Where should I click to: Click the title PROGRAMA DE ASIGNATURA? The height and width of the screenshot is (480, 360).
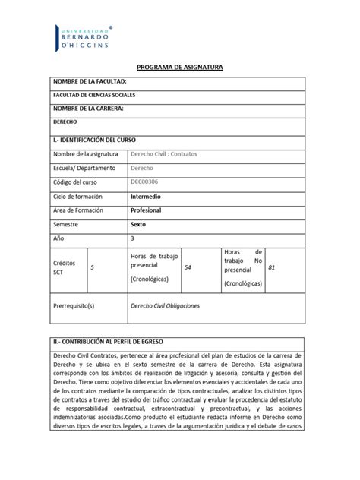tap(180, 68)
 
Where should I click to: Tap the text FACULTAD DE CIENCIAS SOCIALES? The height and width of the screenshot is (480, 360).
tap(97, 96)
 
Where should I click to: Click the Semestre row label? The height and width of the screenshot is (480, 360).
tap(66, 225)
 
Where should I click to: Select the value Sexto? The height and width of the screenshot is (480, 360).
tap(141, 225)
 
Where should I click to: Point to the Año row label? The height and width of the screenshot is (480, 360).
tap(58, 238)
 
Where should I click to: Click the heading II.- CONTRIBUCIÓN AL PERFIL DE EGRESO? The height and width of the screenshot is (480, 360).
tap(114, 342)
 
